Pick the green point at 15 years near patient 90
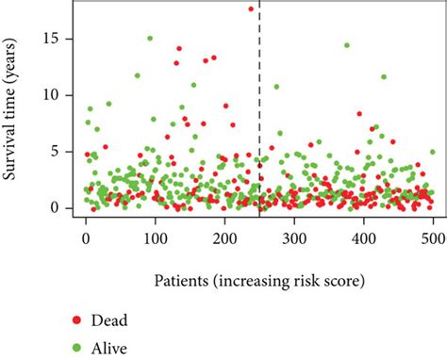tap(149, 39)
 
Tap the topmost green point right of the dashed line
tap(347, 45)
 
